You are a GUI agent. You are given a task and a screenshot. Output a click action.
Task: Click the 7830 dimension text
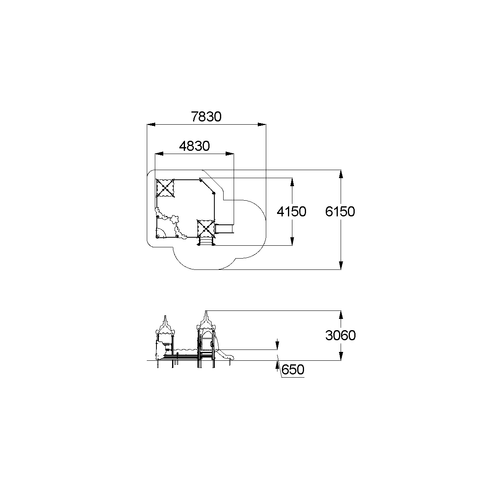pyautogui.click(x=206, y=117)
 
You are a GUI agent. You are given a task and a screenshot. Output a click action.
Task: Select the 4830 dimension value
pyautogui.click(x=195, y=146)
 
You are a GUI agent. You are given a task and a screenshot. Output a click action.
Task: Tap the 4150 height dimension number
pyautogui.click(x=292, y=212)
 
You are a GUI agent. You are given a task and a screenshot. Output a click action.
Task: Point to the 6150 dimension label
pyautogui.click(x=340, y=211)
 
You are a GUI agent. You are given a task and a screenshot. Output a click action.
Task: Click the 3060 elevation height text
pyautogui.click(x=340, y=335)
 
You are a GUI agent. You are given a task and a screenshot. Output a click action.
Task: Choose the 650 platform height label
pyautogui.click(x=293, y=370)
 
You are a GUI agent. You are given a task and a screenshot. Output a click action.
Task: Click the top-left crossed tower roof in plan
pyautogui.click(x=165, y=188)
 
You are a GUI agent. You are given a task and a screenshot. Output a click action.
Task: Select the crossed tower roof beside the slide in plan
pyautogui.click(x=206, y=229)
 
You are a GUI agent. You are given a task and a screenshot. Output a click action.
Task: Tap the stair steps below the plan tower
pyautogui.click(x=206, y=242)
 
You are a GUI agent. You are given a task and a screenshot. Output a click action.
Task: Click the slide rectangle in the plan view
pyautogui.click(x=224, y=228)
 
